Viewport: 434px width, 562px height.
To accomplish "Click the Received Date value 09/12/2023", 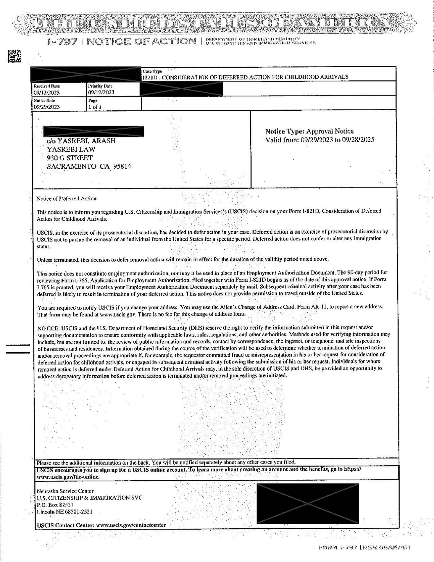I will pos(46,93).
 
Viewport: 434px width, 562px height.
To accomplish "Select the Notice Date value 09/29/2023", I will pos(46,107).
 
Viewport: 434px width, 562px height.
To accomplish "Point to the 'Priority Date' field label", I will pos(100,86).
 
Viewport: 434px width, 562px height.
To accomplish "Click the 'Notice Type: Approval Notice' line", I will pos(309,131).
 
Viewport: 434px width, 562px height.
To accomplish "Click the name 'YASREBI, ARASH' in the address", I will pos(86,141).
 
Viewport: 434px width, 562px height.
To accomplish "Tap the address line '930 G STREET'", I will pos(70,158).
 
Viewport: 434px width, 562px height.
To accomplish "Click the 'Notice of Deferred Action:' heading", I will pos(67,198).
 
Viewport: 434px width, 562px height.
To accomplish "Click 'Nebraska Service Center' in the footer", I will pos(65,491).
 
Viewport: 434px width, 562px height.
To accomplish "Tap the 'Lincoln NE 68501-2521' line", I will pos(65,512).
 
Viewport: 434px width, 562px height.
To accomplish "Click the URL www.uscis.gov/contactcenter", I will pos(131,525).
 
